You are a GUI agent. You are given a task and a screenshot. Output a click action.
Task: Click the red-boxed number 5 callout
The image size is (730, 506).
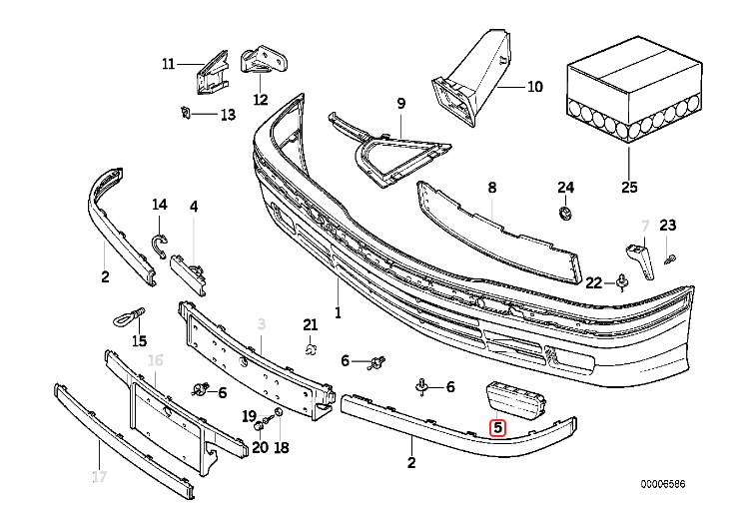498,430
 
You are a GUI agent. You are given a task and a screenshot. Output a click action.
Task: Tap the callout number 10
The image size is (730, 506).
534,87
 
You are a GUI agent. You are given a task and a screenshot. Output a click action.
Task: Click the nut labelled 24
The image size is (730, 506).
565,213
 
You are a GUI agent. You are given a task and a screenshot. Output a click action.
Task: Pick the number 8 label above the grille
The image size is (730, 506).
491,187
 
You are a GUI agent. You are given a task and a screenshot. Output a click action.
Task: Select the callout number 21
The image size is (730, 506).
310,324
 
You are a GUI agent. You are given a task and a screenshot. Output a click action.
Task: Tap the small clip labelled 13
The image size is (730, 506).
187,112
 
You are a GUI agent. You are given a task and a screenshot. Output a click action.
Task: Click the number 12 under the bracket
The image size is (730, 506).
261,99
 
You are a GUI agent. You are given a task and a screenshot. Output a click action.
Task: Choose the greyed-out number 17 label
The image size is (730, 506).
99,477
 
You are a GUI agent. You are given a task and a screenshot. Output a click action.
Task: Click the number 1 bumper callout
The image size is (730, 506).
338,313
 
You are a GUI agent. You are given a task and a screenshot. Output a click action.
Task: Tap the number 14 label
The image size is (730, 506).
160,206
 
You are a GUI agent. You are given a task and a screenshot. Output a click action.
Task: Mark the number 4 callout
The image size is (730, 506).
194,207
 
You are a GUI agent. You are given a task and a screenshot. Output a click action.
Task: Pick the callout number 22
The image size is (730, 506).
593,282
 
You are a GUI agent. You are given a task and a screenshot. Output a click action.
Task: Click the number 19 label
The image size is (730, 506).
250,414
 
